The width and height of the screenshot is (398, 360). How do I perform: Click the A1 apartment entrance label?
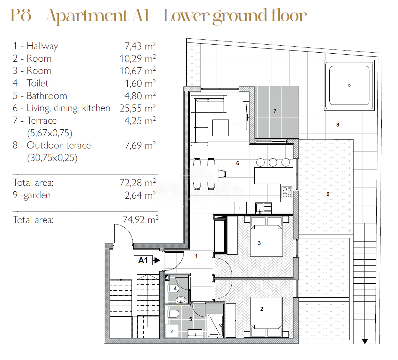pyautogui.click(x=143, y=260)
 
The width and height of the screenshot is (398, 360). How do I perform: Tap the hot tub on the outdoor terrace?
pyautogui.click(x=349, y=85)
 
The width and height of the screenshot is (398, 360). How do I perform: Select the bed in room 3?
pyautogui.click(x=266, y=237)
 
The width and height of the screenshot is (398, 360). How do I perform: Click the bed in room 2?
pyautogui.click(x=266, y=317)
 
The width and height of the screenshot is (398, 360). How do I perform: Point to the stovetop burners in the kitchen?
pyautogui.click(x=287, y=192)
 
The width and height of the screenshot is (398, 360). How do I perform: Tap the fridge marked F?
pyautogui.click(x=240, y=208)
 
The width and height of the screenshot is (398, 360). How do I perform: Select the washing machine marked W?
pyautogui.click(x=172, y=331)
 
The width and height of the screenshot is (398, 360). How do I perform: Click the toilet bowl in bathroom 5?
pyautogui.click(x=174, y=314)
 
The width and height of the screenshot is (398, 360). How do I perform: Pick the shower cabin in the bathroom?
pyautogui.click(x=215, y=325)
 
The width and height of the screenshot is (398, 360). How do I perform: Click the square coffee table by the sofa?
pyautogui.click(x=220, y=128)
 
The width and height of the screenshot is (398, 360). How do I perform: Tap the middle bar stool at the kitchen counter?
pyautogui.click(x=273, y=162)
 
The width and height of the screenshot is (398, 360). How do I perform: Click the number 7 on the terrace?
pyautogui.click(x=275, y=111)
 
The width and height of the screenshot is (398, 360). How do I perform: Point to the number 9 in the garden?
pyautogui.click(x=328, y=194)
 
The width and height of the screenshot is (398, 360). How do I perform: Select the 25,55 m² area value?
pyautogui.click(x=137, y=108)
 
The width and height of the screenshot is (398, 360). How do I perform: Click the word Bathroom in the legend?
pyautogui.click(x=47, y=96)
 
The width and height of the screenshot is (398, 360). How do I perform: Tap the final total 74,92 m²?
pyautogui.click(x=141, y=220)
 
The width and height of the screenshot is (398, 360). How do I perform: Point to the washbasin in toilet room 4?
pyautogui.click(x=181, y=300)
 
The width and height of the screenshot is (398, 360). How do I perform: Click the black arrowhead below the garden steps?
pyautogui.click(x=365, y=341)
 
